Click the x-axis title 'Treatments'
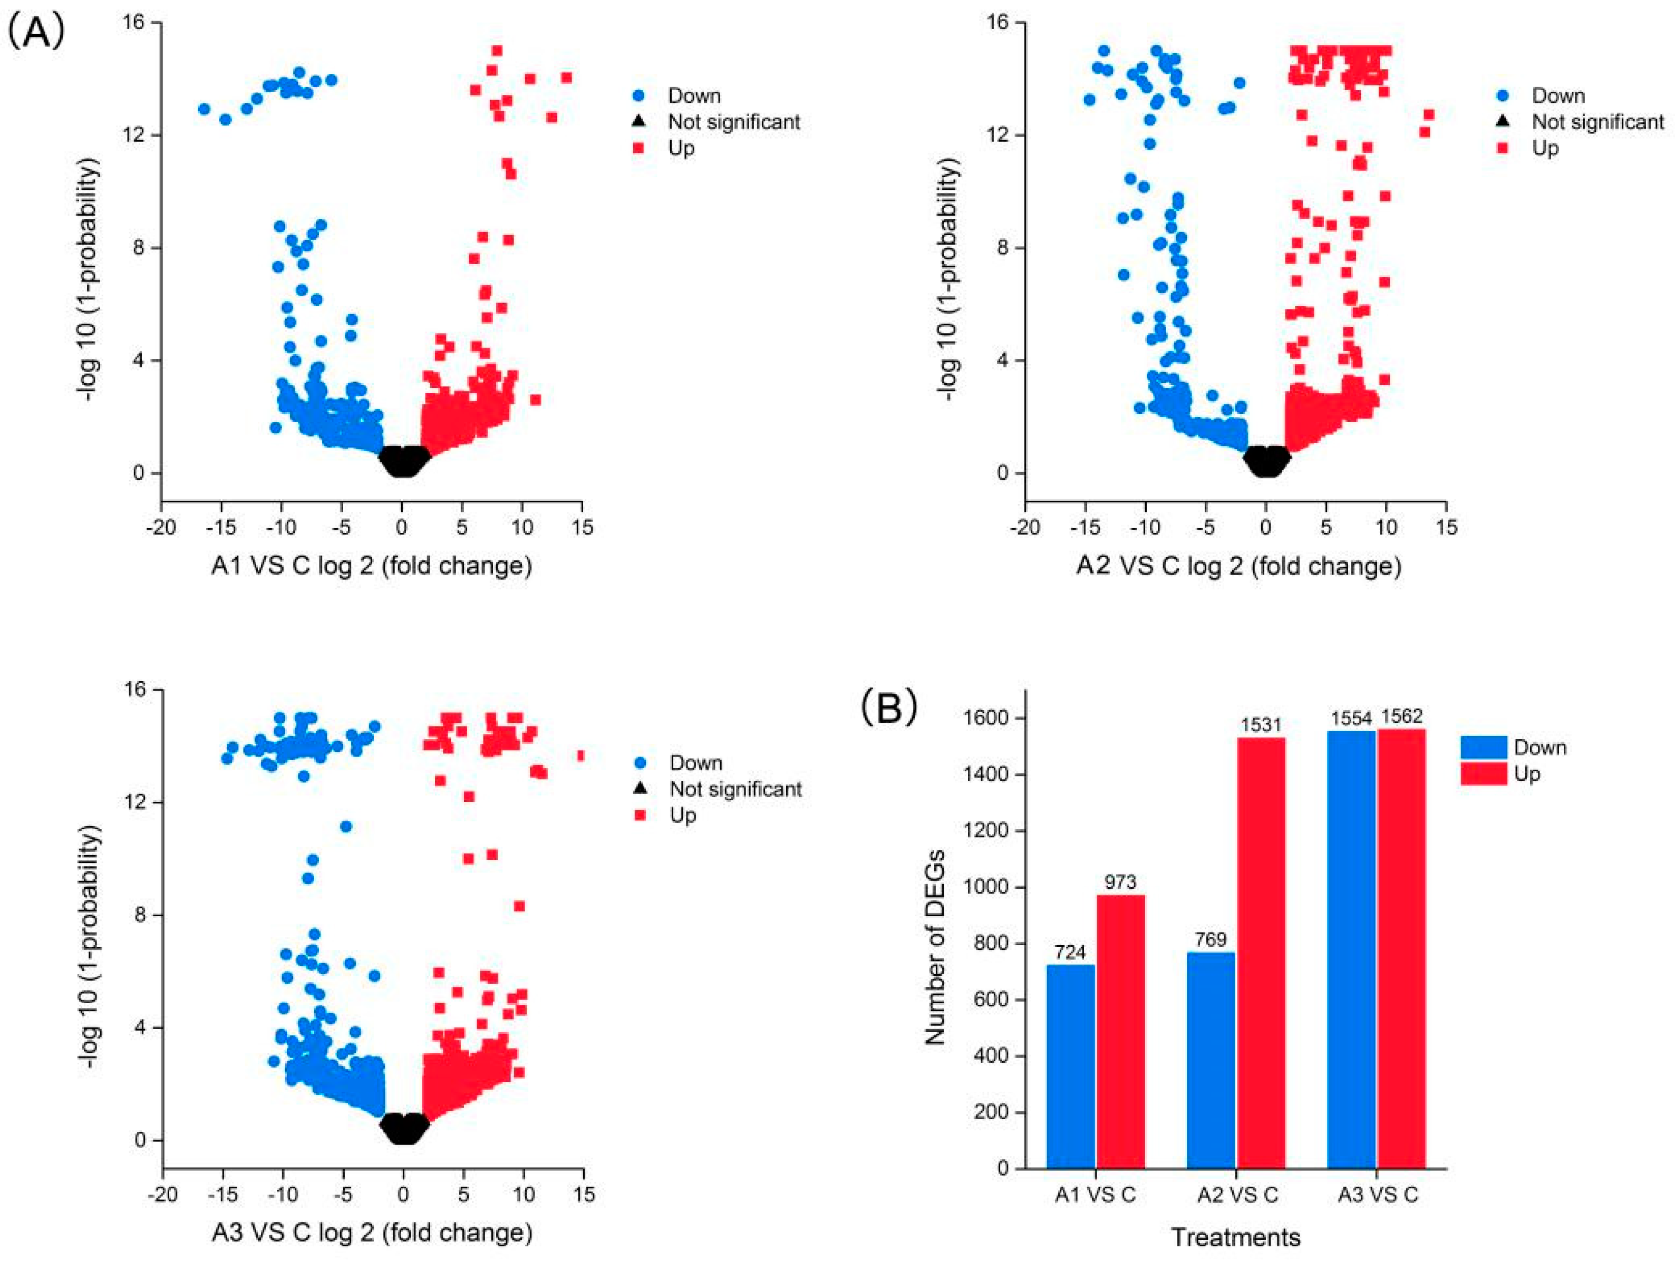pos(1236,1237)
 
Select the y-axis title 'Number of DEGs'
pos(935,947)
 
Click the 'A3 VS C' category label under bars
pos(1378,1195)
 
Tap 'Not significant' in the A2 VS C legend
pos(1598,121)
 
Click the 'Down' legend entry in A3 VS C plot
pos(695,763)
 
